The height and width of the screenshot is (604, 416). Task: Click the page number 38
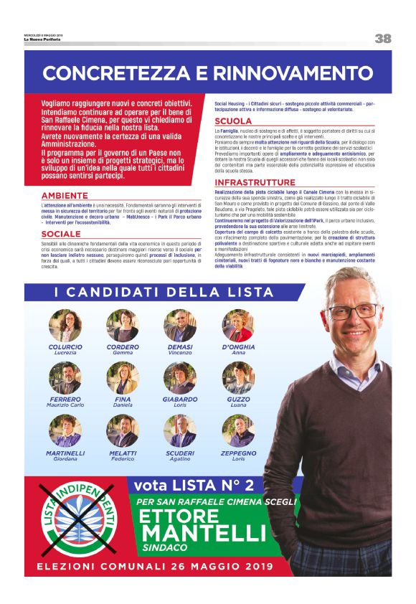383,39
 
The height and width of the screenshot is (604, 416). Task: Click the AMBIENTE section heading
65,195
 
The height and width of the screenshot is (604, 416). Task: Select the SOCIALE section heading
61,235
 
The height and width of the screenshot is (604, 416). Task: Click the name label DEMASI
180,346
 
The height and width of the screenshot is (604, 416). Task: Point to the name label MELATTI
123,453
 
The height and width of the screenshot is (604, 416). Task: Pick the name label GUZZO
237,400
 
